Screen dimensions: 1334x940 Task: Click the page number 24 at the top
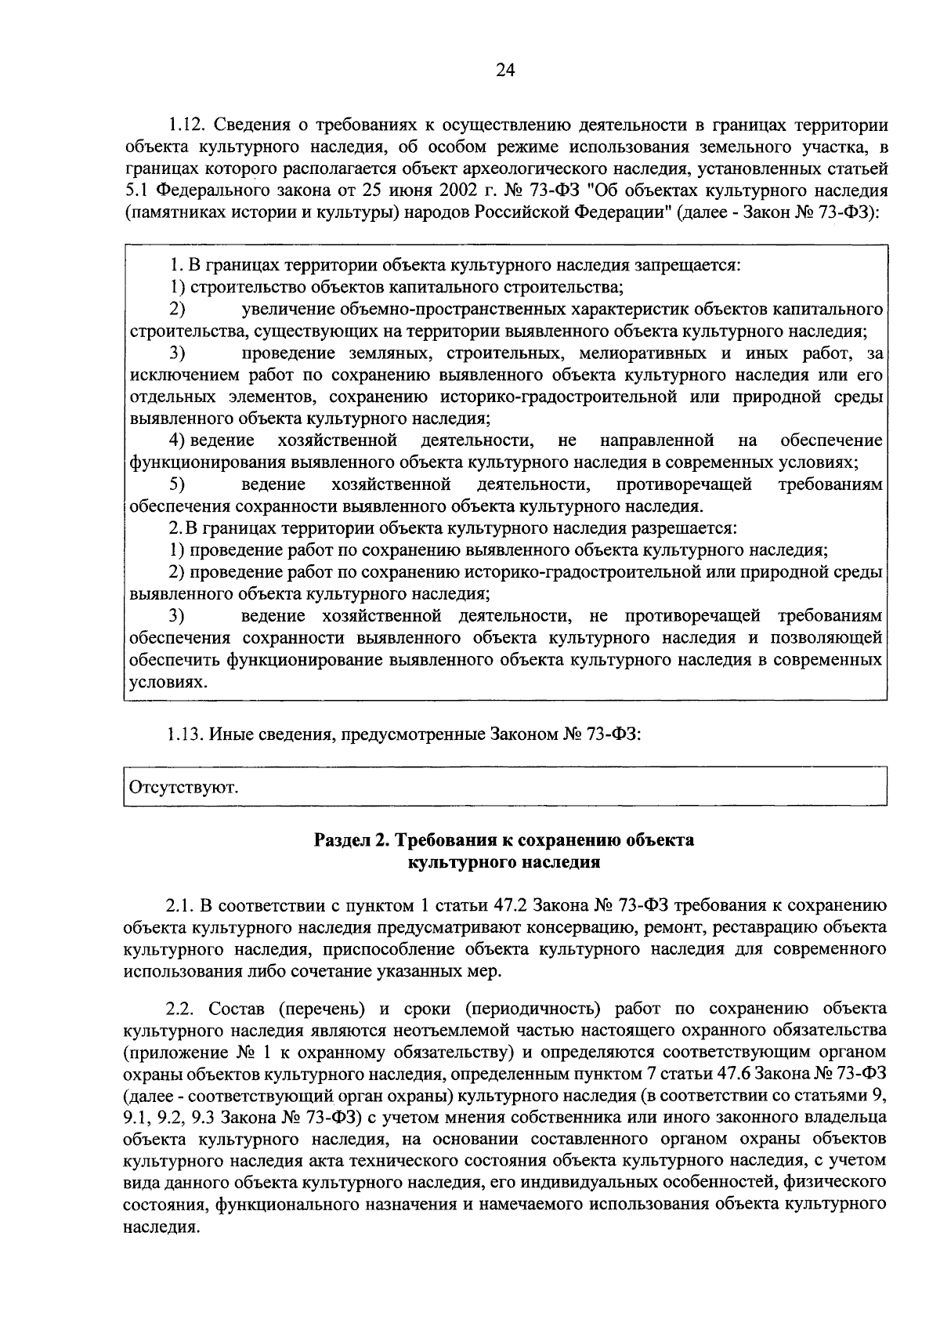[504, 71]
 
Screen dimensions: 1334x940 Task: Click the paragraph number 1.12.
[185, 125]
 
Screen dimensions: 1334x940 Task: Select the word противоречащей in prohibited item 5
[683, 484]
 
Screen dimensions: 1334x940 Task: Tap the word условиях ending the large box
[161, 683]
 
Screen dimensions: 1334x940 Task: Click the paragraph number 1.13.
[185, 734]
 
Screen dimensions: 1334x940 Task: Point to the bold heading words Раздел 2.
[352, 840]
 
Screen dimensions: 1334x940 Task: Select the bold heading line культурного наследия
[504, 862]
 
